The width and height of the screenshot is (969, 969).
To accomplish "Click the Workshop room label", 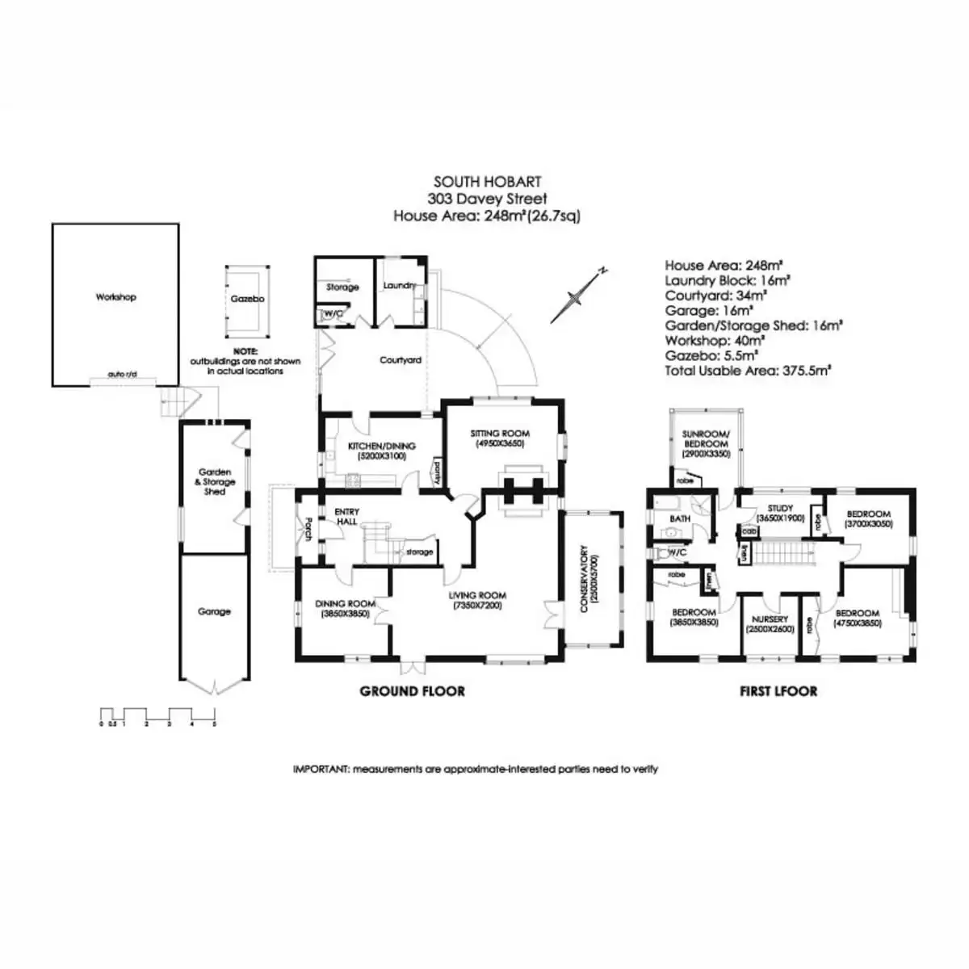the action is point(115,297).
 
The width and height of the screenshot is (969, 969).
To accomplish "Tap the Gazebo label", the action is point(247,299).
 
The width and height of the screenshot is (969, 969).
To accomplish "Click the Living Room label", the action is point(478,600).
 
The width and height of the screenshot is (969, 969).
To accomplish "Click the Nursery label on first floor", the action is point(769,623).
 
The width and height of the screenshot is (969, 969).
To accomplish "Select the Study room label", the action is point(780,513).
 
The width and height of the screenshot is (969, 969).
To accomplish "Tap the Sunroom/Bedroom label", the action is point(706,443).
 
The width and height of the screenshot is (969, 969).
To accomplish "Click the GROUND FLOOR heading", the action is point(412,691).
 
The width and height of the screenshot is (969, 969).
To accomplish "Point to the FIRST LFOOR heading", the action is point(778,691).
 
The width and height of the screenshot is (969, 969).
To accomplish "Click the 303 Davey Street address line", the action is point(487,199).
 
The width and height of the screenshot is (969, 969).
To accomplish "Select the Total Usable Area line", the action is point(748,371).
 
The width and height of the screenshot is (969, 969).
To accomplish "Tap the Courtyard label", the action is point(401,360).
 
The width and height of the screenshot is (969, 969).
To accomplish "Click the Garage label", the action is point(214,612).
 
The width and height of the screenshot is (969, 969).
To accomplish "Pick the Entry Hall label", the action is point(347,517).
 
